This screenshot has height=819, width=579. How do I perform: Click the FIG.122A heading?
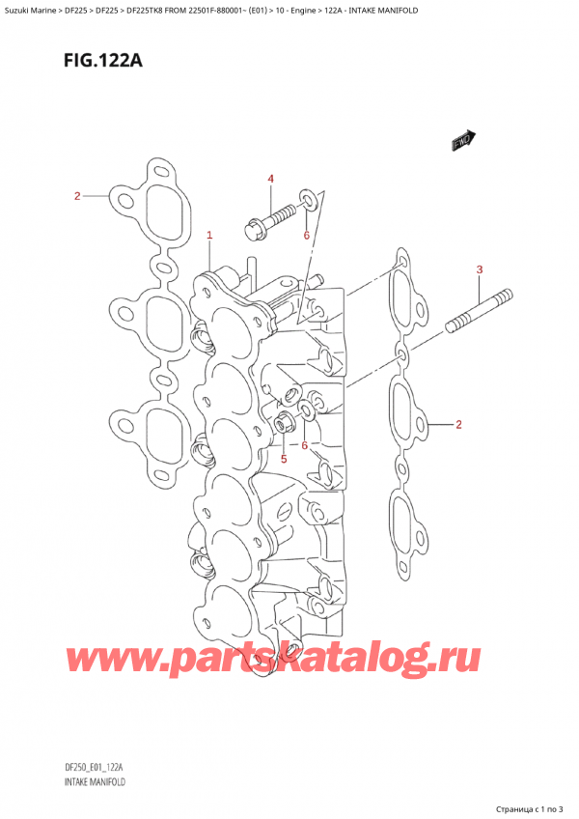[x=103, y=62]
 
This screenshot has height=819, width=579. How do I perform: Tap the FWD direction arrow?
[x=463, y=140]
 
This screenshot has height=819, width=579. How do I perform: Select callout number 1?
[x=209, y=236]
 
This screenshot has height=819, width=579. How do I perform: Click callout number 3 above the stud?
[x=480, y=269]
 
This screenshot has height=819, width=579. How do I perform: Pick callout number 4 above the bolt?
[x=270, y=180]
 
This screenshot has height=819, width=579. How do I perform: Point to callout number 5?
[x=284, y=459]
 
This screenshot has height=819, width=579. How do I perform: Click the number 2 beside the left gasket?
[x=77, y=196]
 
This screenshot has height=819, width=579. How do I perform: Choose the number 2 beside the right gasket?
[x=458, y=425]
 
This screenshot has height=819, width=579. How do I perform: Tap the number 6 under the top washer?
[x=307, y=235]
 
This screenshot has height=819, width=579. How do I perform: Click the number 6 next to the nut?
[x=304, y=445]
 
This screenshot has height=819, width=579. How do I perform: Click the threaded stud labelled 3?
[x=479, y=311]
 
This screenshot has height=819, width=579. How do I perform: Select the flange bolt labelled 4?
[x=269, y=220]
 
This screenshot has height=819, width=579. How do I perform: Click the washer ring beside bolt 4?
[x=308, y=200]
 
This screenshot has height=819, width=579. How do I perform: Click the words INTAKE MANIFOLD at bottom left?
[x=95, y=782]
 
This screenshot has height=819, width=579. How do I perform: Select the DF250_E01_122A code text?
[x=94, y=767]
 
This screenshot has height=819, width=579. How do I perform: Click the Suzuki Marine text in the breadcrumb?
[x=29, y=10]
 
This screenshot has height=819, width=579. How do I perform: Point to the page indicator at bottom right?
[x=530, y=809]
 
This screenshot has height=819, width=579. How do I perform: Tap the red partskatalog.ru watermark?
[x=273, y=661]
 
